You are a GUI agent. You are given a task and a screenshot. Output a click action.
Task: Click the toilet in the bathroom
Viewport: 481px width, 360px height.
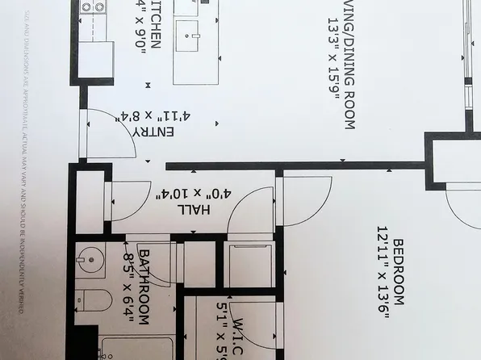(94, 303)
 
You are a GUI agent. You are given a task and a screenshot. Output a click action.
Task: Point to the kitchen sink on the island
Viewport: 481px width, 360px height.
(194, 36)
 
